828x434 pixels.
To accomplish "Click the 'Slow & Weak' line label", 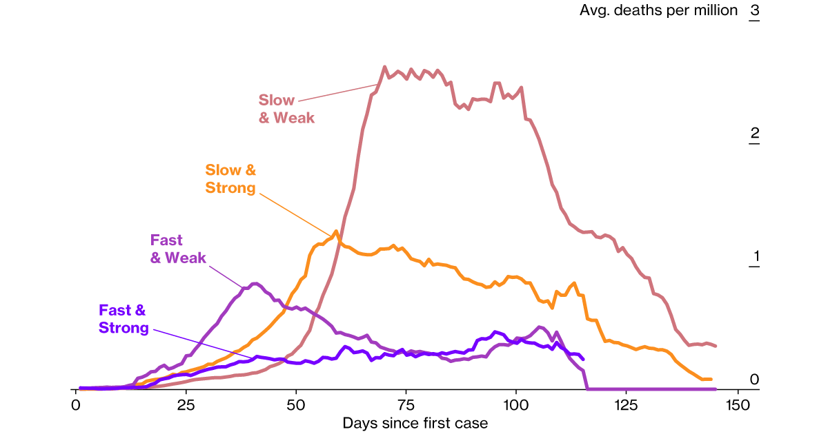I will (x=286, y=109).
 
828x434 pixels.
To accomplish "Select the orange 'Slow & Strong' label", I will (x=230, y=178).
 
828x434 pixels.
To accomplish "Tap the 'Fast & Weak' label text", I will (x=178, y=249).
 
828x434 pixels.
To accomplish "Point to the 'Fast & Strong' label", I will (x=124, y=319).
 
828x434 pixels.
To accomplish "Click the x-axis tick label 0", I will (x=76, y=402).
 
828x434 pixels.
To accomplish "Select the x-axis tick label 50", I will (x=296, y=402).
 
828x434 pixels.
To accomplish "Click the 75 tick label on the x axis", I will (x=406, y=402).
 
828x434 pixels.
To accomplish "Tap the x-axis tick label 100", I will (x=516, y=402).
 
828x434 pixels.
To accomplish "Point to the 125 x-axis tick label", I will (x=627, y=402).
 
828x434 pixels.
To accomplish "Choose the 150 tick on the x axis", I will (x=737, y=402).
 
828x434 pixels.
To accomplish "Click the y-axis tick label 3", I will (x=754, y=11).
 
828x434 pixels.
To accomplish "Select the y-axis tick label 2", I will (x=754, y=134).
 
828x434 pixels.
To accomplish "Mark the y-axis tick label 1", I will (x=754, y=257).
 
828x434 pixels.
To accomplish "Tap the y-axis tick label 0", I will (x=754, y=380).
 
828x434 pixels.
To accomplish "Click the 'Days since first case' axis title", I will (x=415, y=423).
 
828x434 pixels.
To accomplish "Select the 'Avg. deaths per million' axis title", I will (x=659, y=11).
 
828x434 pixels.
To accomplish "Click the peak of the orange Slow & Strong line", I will (x=336, y=231).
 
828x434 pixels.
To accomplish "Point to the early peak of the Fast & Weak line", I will (x=255, y=283).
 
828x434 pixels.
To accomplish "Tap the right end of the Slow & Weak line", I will (x=716, y=346).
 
